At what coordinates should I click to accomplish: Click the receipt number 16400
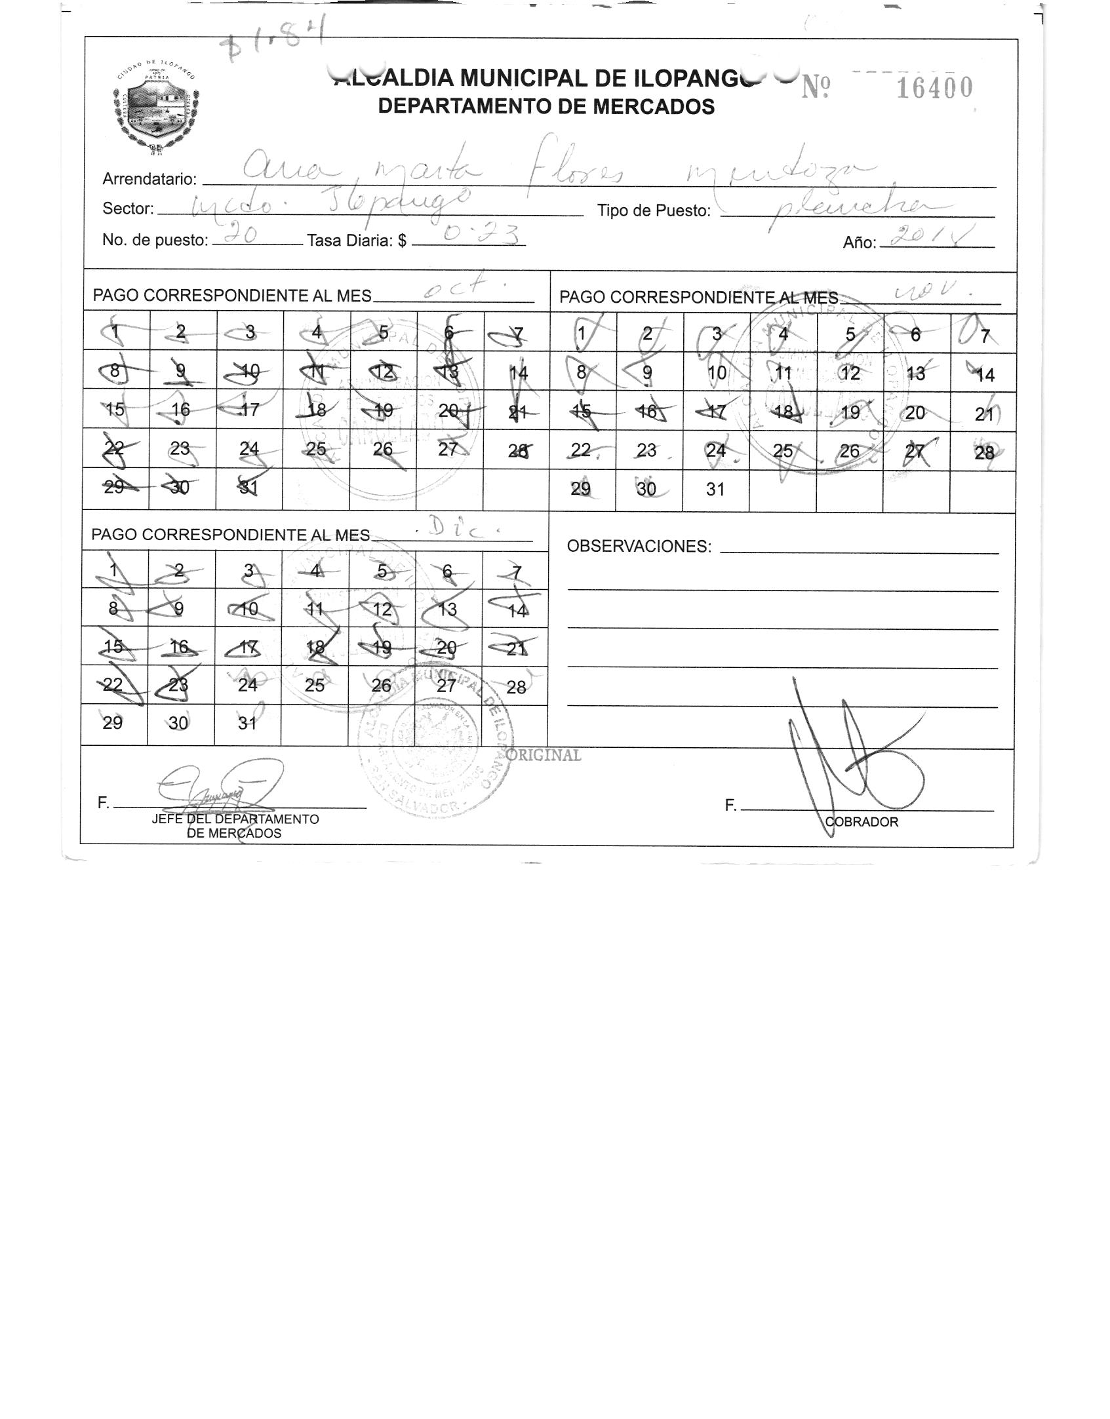934,88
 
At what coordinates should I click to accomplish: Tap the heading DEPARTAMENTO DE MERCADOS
546,106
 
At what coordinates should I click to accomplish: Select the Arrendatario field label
149,180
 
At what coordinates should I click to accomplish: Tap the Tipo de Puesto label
654,211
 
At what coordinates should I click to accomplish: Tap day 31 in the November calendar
715,490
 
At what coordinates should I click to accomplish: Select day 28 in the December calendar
517,687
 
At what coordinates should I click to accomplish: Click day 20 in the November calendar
915,412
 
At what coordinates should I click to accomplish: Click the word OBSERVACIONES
639,547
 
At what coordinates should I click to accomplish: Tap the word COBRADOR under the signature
862,822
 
